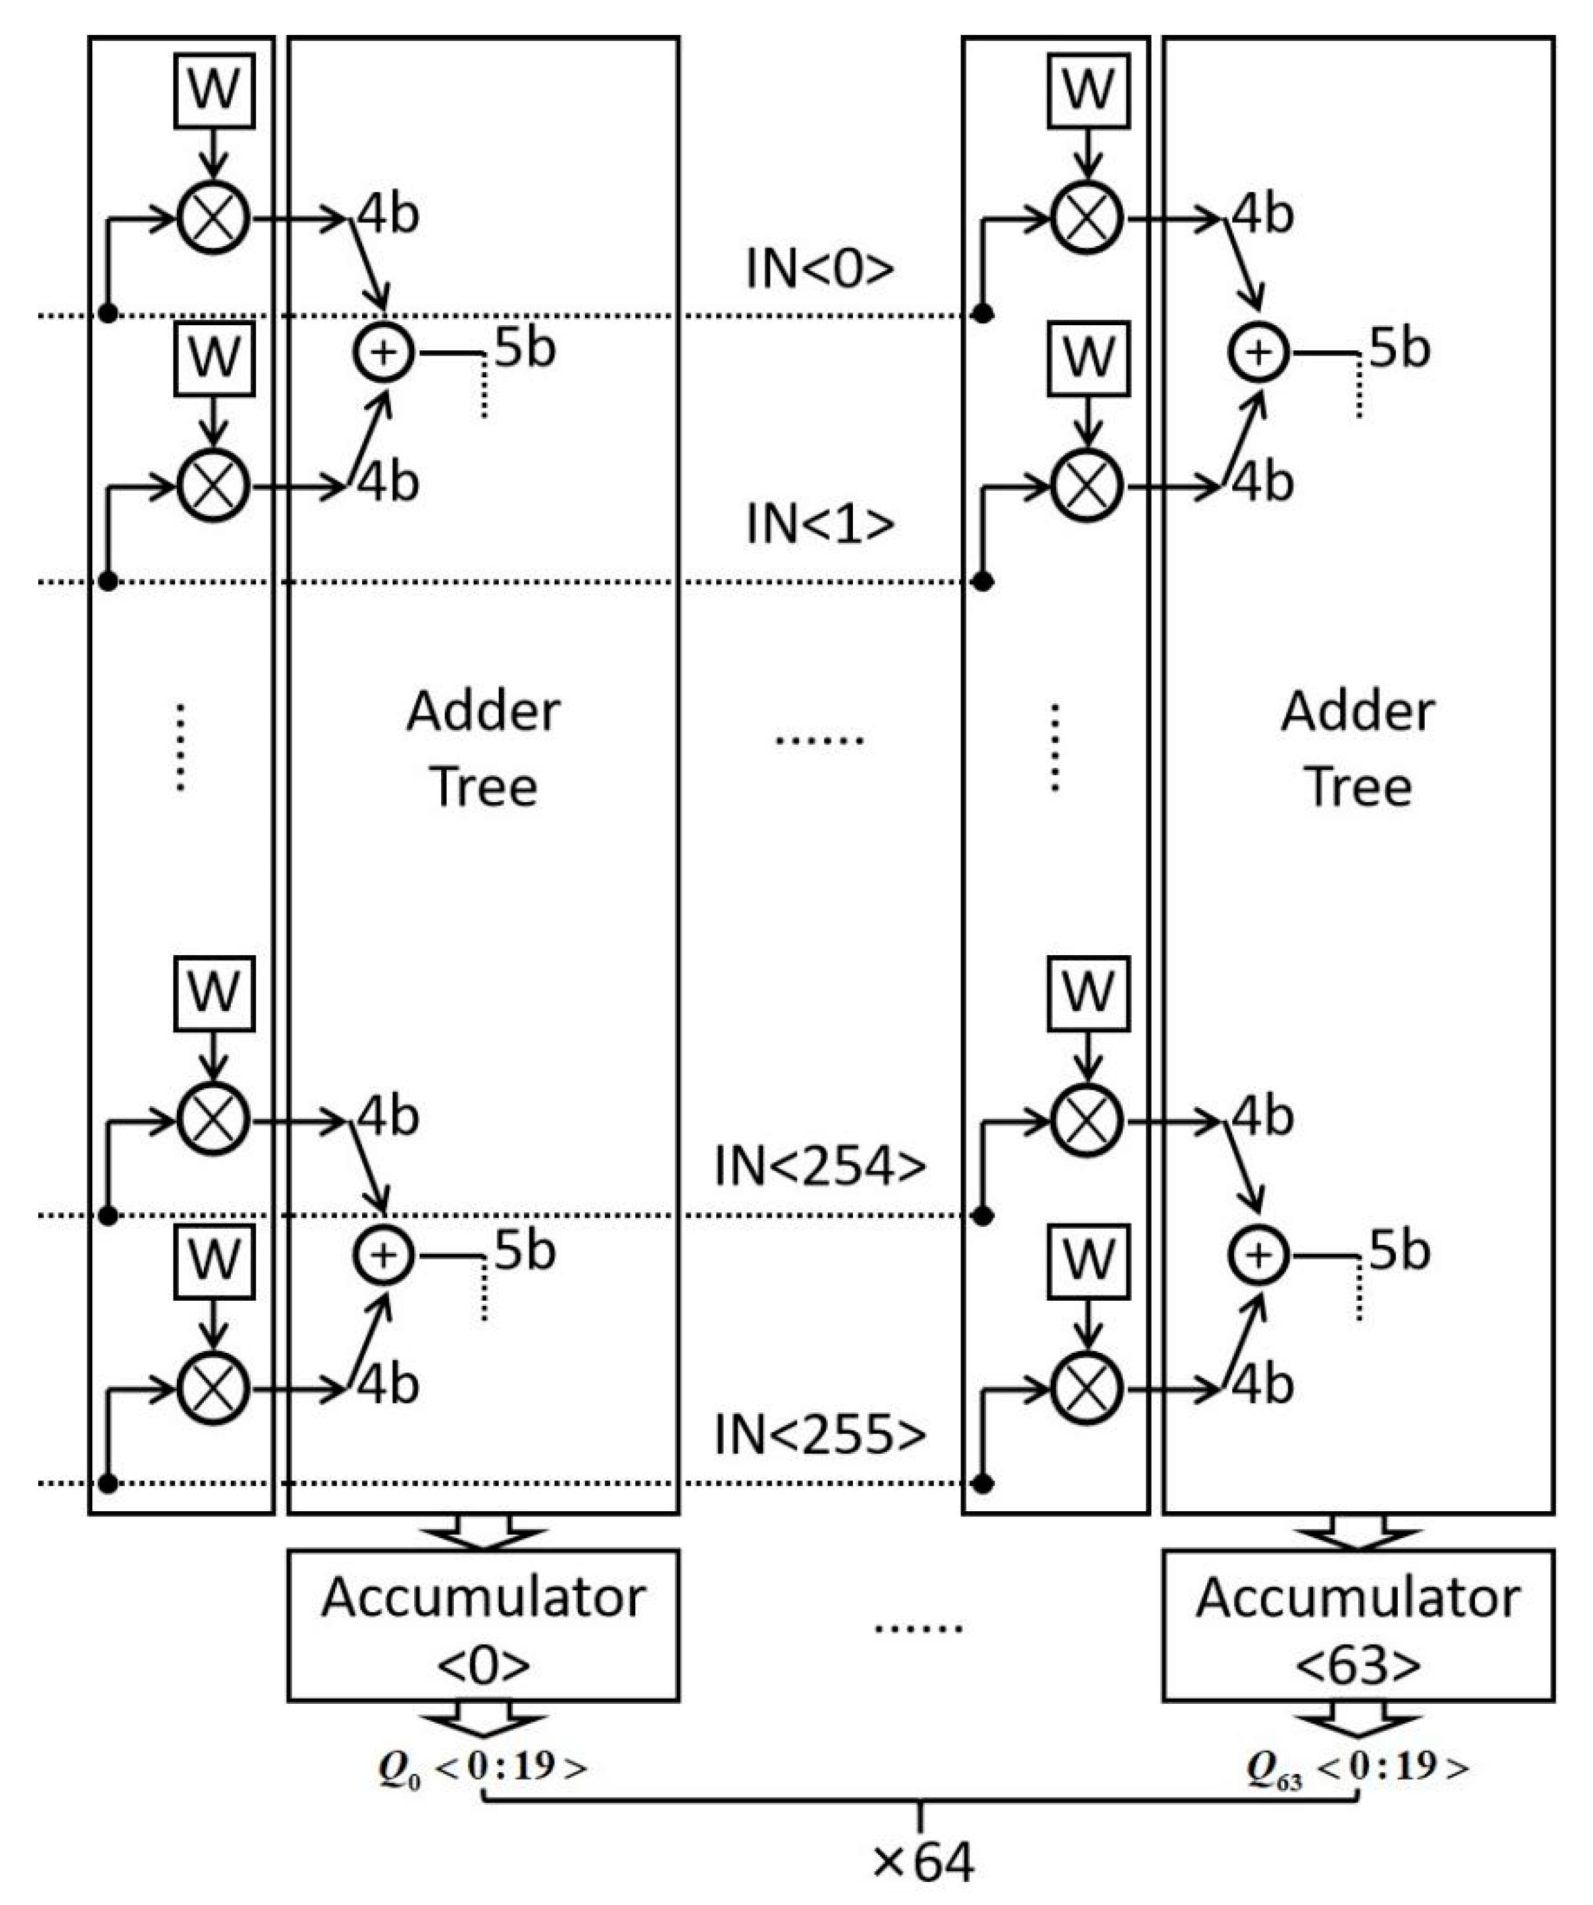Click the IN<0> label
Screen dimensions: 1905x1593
[819, 268]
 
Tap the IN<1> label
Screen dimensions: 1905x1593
[819, 524]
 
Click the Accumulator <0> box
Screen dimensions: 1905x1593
[483, 1625]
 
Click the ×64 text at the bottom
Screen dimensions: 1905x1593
[923, 1863]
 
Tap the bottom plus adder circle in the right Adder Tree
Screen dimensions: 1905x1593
[1259, 1255]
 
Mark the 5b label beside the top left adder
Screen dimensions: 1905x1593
[524, 348]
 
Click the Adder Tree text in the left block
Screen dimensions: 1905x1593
[483, 749]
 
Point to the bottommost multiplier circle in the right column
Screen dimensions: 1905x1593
[1087, 1388]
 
